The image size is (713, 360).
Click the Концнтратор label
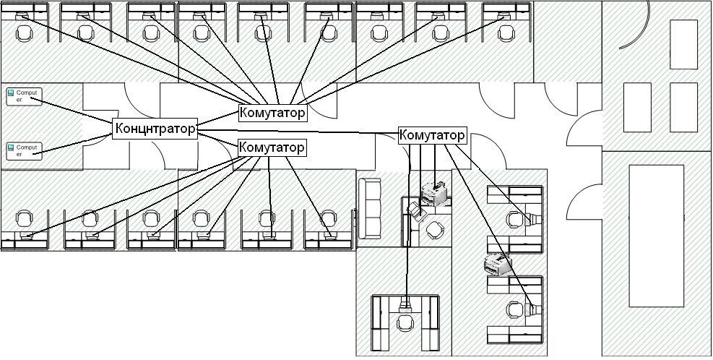[155, 129]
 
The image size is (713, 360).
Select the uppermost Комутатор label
[272, 113]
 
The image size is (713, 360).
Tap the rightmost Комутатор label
[432, 135]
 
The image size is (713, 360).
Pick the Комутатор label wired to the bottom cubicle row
[272, 147]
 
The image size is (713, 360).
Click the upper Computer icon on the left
[25, 96]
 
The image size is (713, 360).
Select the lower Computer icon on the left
[25, 150]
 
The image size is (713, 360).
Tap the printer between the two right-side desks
[496, 265]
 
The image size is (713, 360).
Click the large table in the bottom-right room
[656, 236]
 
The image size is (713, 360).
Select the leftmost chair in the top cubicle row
[25, 33]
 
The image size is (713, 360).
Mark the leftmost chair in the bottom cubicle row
[25, 218]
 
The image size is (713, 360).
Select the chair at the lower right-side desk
[514, 309]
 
